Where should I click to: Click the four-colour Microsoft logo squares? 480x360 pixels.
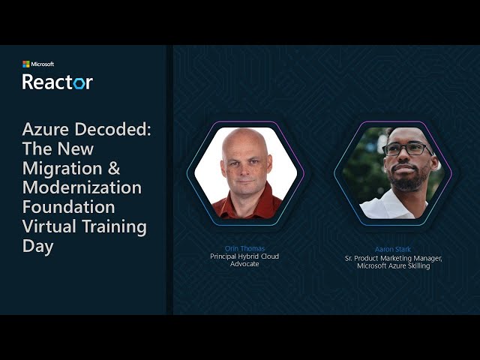(26, 64)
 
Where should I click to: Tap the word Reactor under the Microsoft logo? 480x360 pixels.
(57, 82)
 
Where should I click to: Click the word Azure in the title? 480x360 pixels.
(47, 129)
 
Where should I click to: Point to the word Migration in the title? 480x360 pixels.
(62, 168)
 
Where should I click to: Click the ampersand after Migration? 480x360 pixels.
(112, 168)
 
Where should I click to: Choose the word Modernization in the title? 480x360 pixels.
(82, 187)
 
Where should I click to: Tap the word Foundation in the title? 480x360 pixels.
(68, 207)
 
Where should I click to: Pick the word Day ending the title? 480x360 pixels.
(37, 246)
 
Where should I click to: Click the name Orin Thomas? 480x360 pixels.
(244, 248)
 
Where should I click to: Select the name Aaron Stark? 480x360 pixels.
(393, 249)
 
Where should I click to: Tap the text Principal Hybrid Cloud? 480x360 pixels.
(244, 256)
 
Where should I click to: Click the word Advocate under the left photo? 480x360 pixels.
(244, 264)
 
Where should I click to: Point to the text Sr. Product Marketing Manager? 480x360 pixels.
(393, 258)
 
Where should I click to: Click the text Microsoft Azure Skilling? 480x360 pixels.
(393, 265)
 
